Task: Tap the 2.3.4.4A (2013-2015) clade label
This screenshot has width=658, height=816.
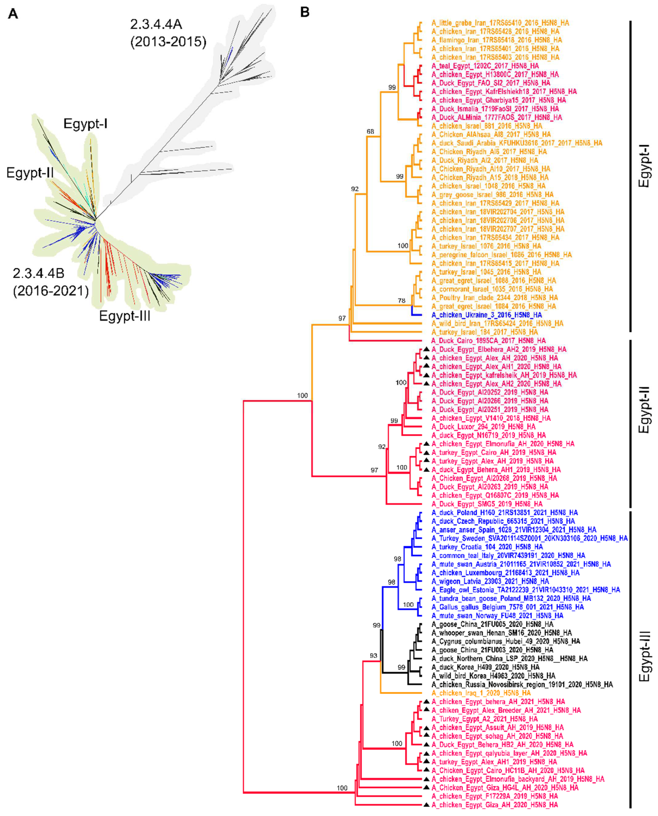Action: tap(168, 33)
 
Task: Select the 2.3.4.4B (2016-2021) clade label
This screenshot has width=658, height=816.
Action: tap(50, 282)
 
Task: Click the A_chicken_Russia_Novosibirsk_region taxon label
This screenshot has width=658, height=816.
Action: tap(522, 684)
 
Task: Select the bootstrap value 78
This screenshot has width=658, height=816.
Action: tap(401, 301)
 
